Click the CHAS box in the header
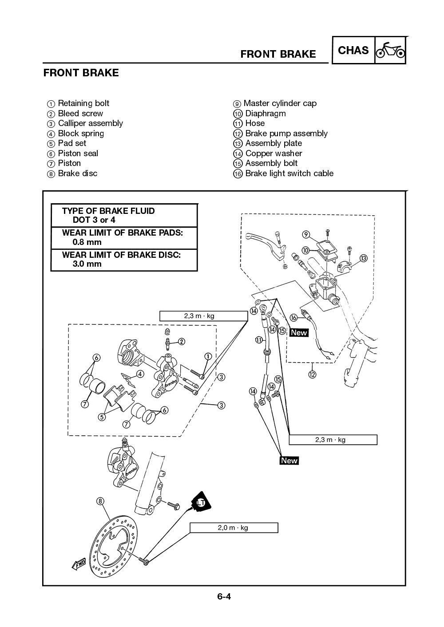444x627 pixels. tap(353, 51)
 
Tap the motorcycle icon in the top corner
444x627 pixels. tap(390, 51)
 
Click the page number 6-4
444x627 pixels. tap(224, 596)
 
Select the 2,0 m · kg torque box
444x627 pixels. tap(234, 528)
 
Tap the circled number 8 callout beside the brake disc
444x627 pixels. tap(100, 501)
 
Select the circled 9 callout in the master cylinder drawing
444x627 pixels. tap(306, 234)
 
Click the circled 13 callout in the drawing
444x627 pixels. tap(363, 258)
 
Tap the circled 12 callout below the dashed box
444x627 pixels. tap(312, 375)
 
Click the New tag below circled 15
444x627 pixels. tap(299, 332)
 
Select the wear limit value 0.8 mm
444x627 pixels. tap(87, 242)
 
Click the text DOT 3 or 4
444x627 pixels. tap(94, 220)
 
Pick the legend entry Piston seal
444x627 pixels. tap(78, 154)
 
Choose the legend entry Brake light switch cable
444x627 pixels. tap(289, 174)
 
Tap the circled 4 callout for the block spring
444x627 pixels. tap(140, 374)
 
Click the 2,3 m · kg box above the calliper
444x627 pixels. tap(203, 316)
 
